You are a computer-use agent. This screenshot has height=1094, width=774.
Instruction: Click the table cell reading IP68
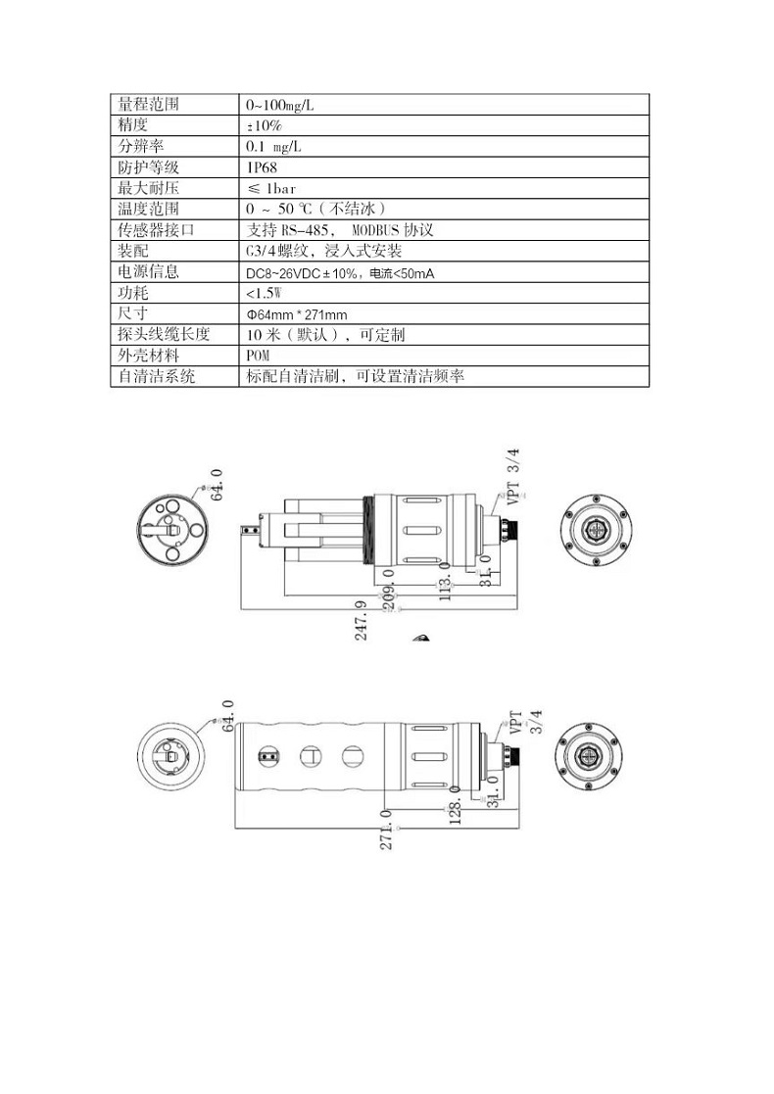(x=262, y=167)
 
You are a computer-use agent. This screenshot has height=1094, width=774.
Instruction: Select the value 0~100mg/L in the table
(x=280, y=106)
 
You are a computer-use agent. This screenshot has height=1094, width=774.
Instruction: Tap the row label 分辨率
(x=141, y=146)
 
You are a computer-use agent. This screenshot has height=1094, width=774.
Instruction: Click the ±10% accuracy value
(x=265, y=125)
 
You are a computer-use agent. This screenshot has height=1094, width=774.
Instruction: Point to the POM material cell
(x=258, y=356)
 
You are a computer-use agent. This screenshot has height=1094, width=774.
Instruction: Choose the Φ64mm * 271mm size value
(x=297, y=314)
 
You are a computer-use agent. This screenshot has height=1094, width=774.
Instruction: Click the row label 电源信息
(x=149, y=271)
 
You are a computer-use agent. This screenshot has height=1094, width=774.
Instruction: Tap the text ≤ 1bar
(x=272, y=188)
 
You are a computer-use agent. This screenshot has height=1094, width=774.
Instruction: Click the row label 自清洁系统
(x=157, y=376)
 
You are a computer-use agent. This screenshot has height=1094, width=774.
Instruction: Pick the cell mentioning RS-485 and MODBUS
(x=340, y=229)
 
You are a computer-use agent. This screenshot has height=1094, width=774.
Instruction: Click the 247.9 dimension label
(x=361, y=620)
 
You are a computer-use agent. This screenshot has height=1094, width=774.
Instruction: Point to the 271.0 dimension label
(x=386, y=830)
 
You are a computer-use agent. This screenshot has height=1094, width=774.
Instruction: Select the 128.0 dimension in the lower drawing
(x=455, y=804)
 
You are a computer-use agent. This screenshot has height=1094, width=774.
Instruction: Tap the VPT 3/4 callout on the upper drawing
(x=513, y=477)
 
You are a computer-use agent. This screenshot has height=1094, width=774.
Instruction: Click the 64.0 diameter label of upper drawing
(x=218, y=484)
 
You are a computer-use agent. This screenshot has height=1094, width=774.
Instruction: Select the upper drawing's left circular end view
(x=172, y=530)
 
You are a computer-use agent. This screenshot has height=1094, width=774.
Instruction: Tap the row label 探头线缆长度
(x=164, y=334)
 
